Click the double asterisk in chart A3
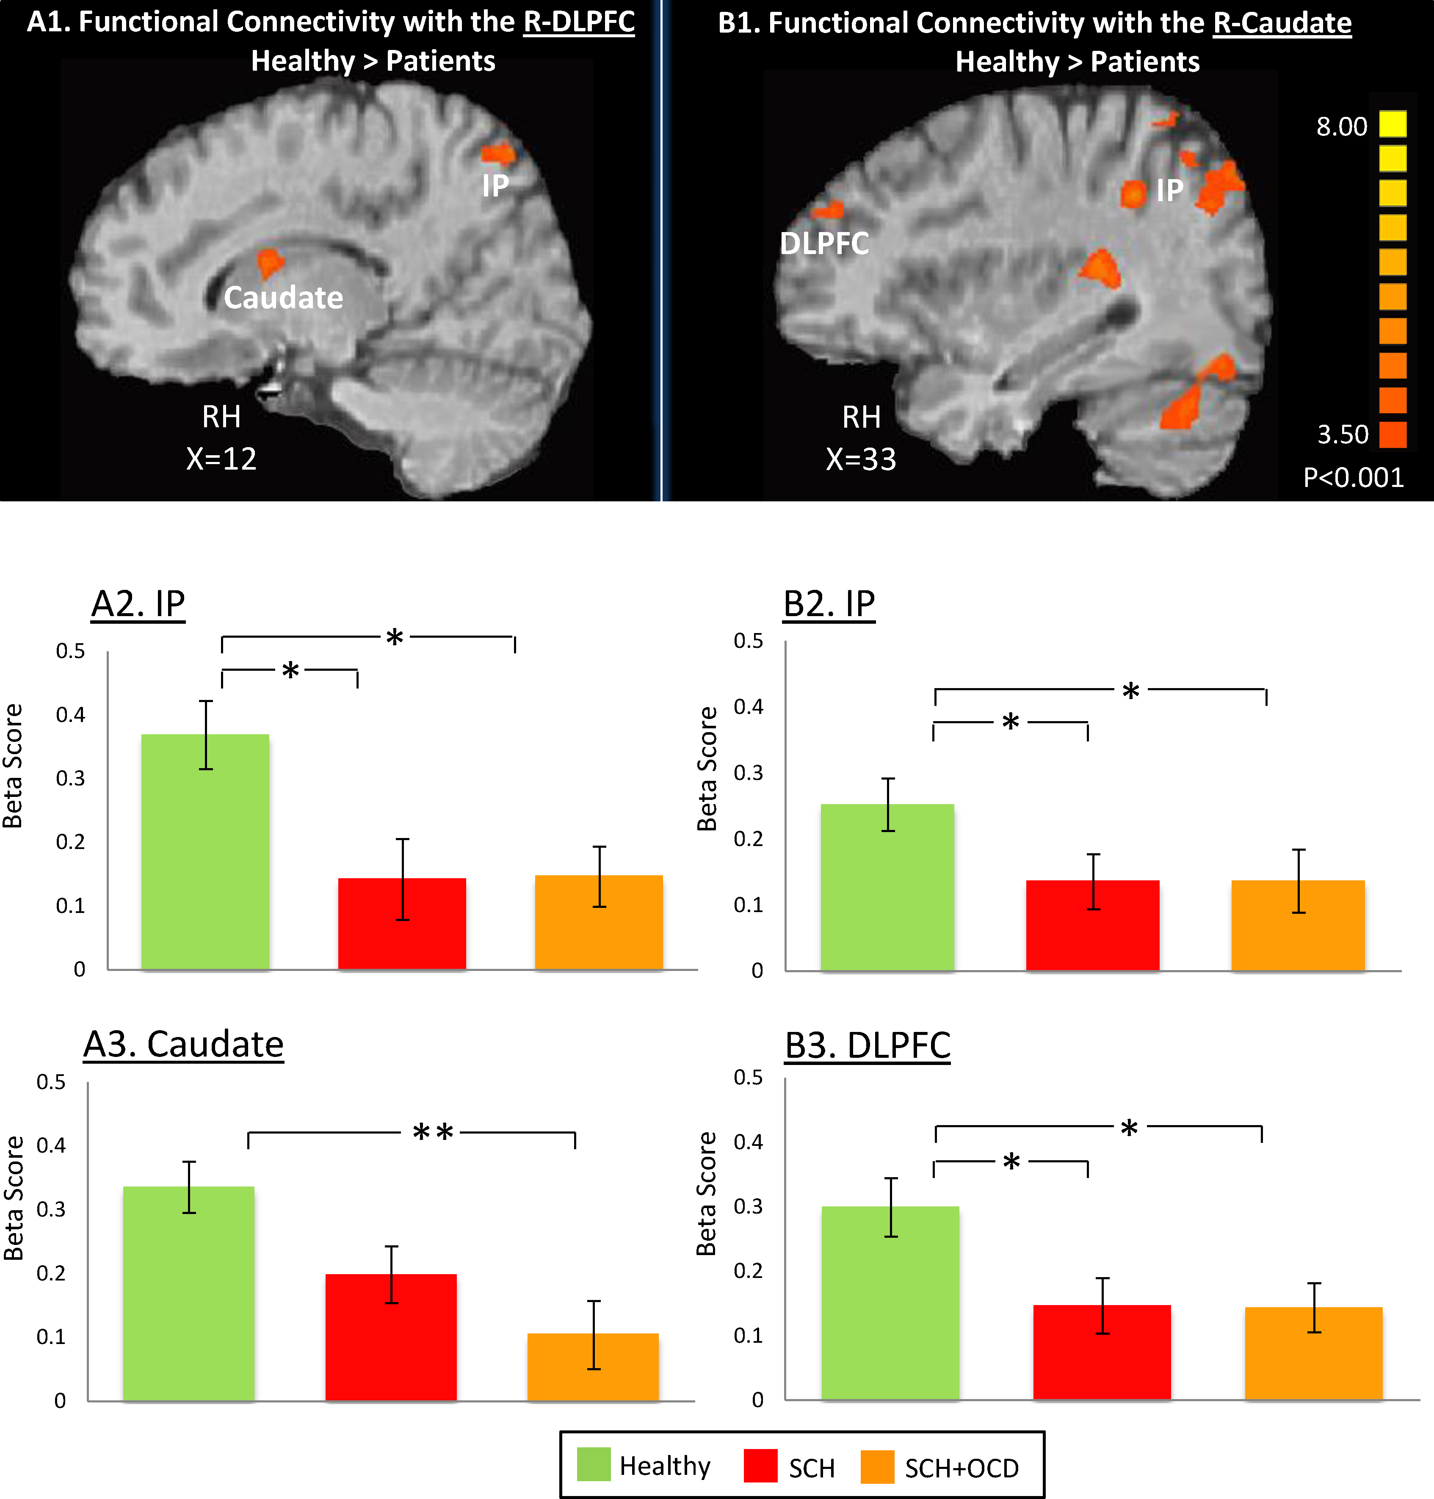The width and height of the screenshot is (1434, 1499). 433,1132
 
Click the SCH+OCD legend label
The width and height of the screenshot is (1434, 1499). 961,1468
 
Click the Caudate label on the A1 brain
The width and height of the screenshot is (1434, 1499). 283,297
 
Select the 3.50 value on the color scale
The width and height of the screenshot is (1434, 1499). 1342,434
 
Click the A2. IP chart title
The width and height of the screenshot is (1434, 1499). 138,604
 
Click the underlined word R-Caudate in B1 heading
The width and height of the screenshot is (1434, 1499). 1282,23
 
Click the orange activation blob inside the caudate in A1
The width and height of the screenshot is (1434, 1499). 269,262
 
